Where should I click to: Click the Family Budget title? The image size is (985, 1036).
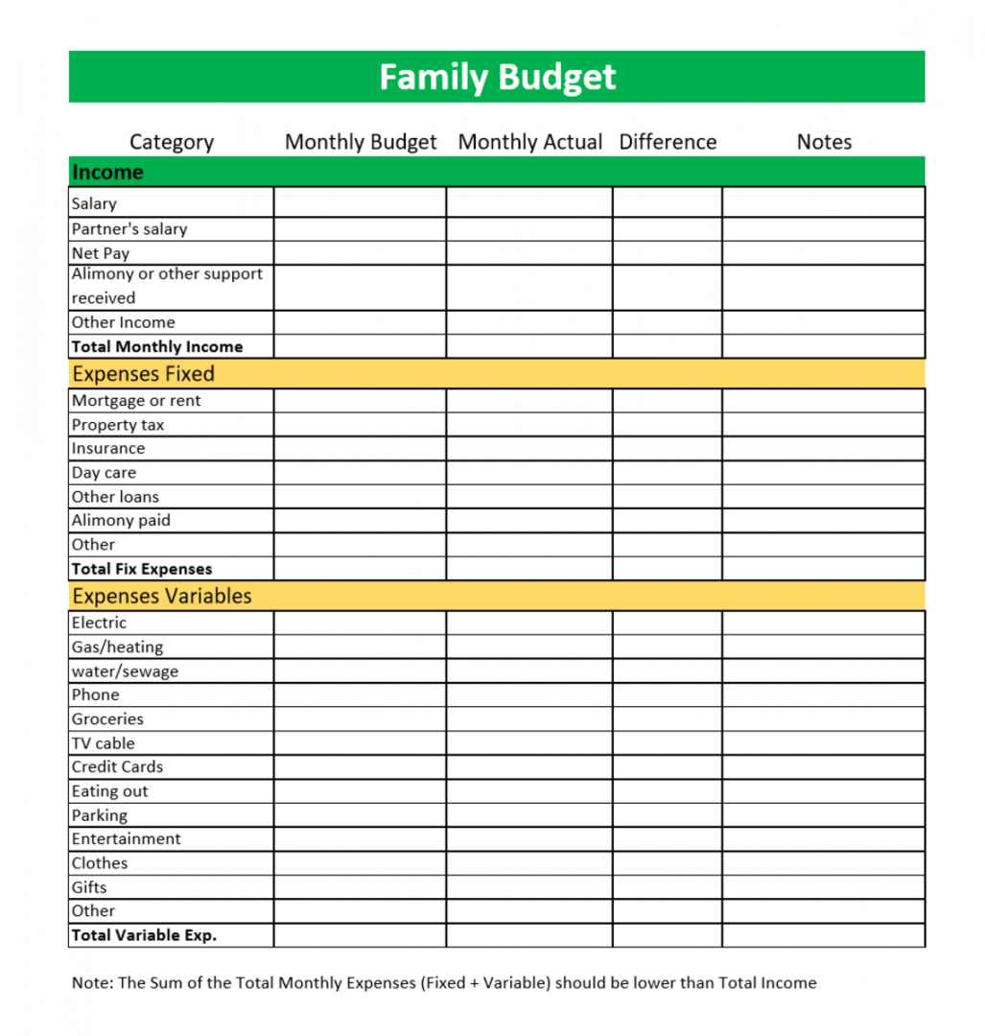497,77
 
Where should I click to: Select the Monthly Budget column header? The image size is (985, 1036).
361,142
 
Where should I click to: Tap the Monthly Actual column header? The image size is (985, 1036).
529,142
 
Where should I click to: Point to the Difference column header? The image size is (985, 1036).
668,142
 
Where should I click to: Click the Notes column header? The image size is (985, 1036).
824,142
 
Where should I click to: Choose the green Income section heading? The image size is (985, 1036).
107,173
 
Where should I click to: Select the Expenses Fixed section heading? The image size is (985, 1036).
144,374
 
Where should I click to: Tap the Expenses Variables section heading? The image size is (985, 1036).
162,596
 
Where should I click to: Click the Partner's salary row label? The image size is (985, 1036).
129,229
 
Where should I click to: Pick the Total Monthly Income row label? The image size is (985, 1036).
157,347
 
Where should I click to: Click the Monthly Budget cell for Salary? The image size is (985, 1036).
360,202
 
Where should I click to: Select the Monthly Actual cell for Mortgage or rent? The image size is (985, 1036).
529,401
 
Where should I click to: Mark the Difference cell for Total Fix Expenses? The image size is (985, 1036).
668,569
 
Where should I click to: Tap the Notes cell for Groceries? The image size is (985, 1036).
824,719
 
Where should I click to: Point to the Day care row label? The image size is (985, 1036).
104,473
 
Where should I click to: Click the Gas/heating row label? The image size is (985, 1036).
117,647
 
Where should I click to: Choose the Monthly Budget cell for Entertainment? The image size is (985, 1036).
360,839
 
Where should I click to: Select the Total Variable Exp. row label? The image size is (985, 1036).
144,935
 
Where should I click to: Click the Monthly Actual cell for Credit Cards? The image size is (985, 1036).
529,767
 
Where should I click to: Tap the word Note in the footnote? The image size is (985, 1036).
90,983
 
